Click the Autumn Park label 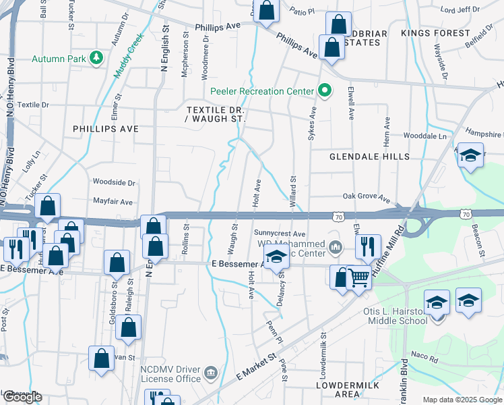coord(59,59)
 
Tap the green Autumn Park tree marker coord(97,58)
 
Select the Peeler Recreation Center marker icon coord(325,91)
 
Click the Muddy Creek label coord(129,55)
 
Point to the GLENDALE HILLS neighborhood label coord(369,157)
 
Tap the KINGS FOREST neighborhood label coord(435,33)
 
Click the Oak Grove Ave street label coord(367,199)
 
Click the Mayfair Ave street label coord(113,202)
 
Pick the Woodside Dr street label coord(114,182)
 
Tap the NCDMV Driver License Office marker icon coord(210,372)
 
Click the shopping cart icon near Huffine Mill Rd coord(359,276)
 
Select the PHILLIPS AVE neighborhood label coord(106,128)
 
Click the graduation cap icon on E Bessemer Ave coord(276,259)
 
